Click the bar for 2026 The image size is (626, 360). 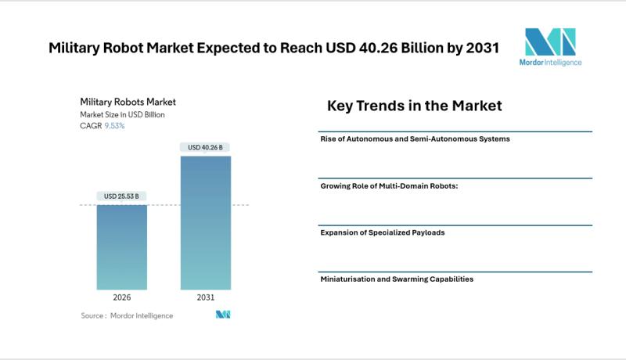pos(122,247)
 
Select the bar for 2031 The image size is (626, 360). pos(206,223)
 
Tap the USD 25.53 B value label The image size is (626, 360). pos(122,196)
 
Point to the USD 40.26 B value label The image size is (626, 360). pos(206,146)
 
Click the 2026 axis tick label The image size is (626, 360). pos(122,298)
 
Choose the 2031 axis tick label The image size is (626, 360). pos(206,298)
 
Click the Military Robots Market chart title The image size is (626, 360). pos(128,102)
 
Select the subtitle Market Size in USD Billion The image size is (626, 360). pos(122,114)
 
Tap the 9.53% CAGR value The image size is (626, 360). pos(114,126)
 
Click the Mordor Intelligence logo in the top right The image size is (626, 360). pos(550,47)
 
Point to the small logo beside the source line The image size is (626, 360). pos(223,315)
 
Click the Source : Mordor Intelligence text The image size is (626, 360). pos(127,315)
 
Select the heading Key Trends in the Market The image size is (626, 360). pos(414,106)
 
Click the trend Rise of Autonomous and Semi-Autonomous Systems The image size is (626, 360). pos(415,139)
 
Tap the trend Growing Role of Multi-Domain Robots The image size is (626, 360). pos(389,186)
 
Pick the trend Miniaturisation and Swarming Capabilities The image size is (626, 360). pos(397,279)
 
